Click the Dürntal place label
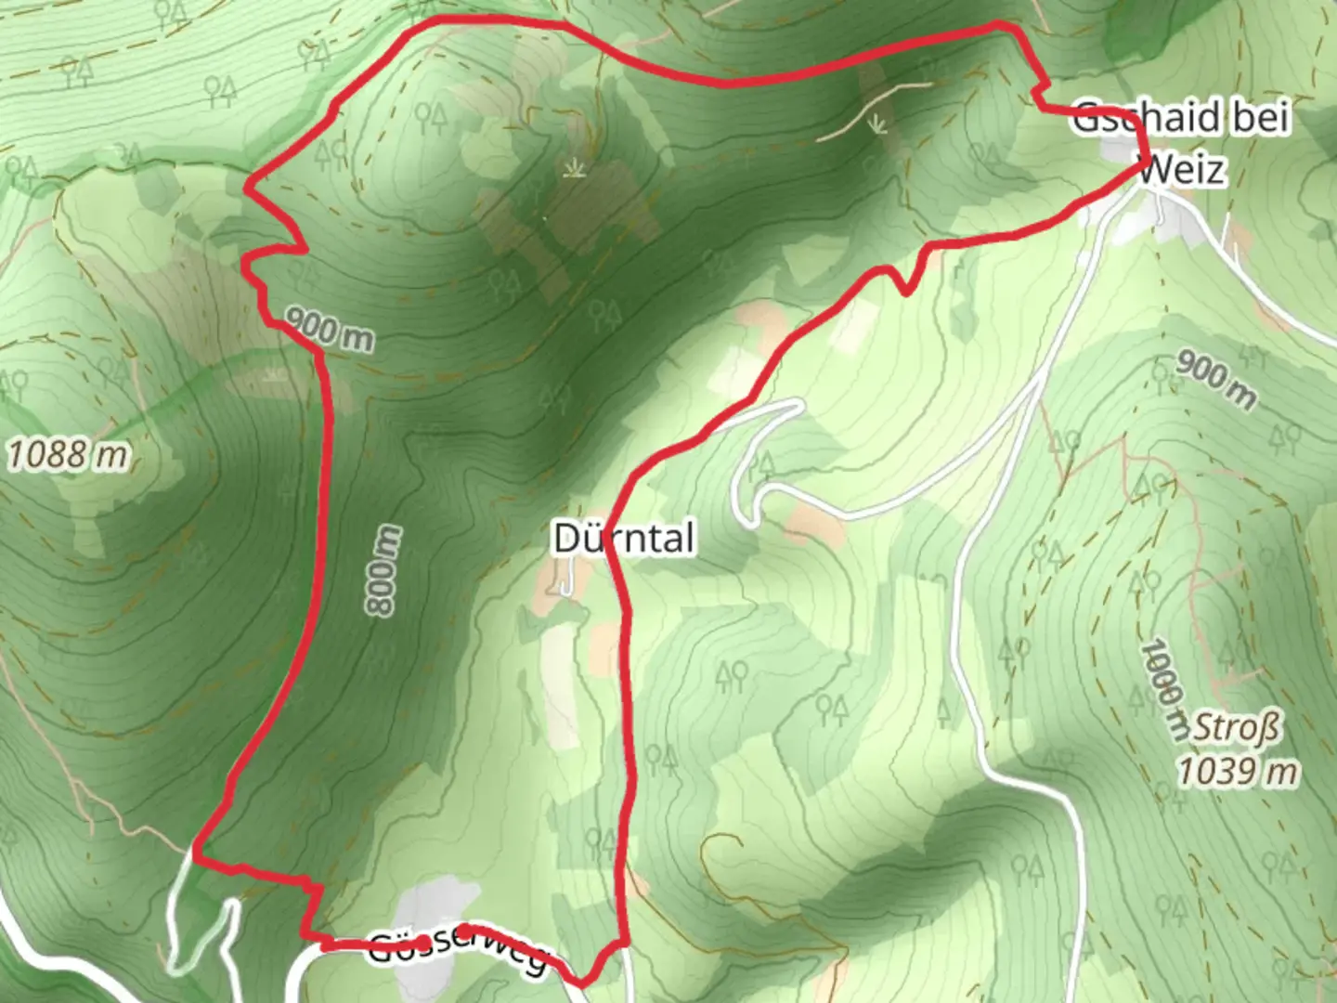[x=623, y=539]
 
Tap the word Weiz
[x=1182, y=169]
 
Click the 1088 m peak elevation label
[x=68, y=455]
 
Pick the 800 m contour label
[x=383, y=569]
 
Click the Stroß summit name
[x=1236, y=727]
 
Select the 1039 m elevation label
[x=1238, y=770]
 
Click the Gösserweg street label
[x=460, y=950]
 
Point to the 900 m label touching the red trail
[x=329, y=330]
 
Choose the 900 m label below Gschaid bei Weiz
[x=1215, y=377]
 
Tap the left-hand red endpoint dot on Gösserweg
[x=423, y=944]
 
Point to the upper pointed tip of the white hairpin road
[x=798, y=403]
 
